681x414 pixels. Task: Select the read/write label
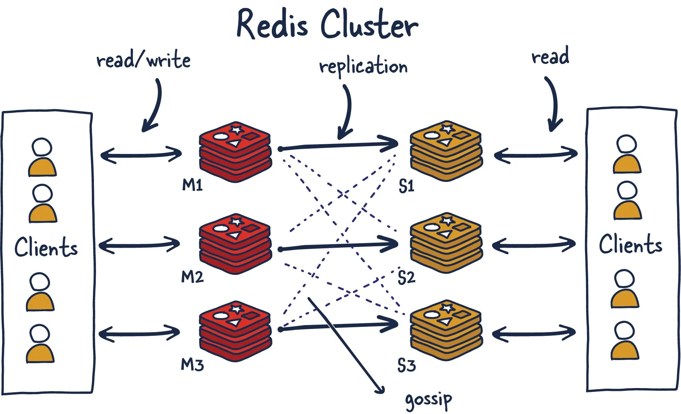tap(143, 60)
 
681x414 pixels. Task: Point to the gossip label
tap(428, 400)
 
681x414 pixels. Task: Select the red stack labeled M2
tap(235, 243)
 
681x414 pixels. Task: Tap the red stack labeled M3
tap(235, 331)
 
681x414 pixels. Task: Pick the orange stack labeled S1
tap(446, 151)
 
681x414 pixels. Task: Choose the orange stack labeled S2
tap(446, 243)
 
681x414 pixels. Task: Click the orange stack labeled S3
tap(446, 330)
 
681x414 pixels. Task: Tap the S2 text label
tap(406, 277)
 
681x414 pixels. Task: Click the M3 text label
tap(192, 365)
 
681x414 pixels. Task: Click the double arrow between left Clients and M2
tap(139, 245)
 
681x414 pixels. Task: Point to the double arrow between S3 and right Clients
tap(534, 333)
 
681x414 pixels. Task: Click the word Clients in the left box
tap(46, 247)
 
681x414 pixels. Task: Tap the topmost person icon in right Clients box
tap(627, 154)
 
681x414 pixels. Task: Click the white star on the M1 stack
tap(237, 130)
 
